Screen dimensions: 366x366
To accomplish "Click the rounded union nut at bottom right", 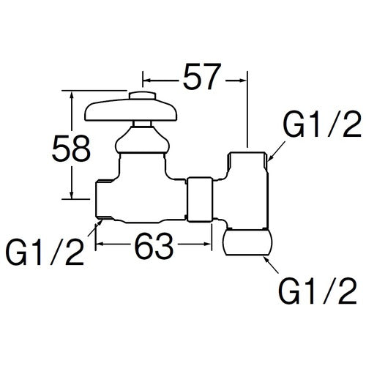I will (x=248, y=242).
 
